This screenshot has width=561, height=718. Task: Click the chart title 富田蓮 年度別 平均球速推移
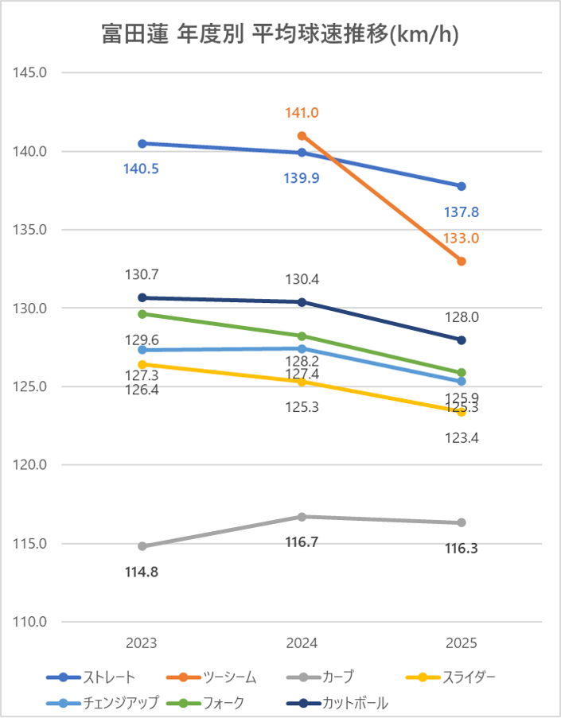click(280, 34)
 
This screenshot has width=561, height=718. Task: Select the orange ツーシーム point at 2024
click(302, 135)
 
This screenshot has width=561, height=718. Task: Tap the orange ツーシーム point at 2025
click(462, 261)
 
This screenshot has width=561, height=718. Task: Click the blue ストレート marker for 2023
click(142, 143)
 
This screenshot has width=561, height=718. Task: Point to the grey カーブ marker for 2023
click(142, 546)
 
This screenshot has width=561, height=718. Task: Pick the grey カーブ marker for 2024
click(302, 517)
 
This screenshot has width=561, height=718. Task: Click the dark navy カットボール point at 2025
click(462, 340)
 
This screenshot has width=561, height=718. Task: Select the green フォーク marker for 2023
click(142, 314)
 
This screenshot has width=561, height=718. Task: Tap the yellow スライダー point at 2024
click(302, 382)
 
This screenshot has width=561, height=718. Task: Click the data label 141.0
click(302, 114)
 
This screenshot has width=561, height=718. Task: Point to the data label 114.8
click(142, 571)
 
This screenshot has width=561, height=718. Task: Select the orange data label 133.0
click(462, 238)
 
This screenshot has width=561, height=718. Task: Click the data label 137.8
click(462, 212)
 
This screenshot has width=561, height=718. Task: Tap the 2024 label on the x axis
click(302, 643)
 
